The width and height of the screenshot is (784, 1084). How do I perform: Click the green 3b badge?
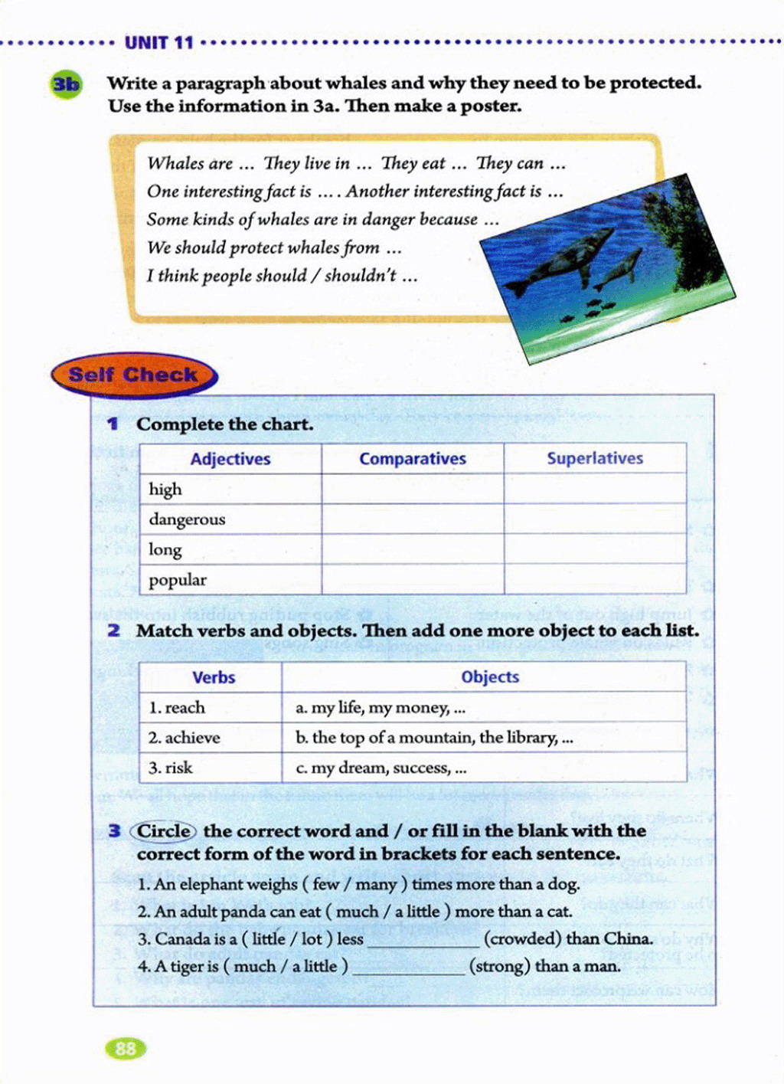point(66,84)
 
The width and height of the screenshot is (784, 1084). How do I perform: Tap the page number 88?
point(126,1048)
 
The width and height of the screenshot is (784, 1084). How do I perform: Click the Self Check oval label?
point(134,375)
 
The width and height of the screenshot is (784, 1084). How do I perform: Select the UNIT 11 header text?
point(159,43)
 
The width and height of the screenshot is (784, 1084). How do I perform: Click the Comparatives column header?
point(413,459)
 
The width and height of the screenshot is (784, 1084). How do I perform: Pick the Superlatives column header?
point(595,458)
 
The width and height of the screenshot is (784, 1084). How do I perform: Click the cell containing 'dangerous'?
point(188,519)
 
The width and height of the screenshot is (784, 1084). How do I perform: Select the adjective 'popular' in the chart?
point(178,580)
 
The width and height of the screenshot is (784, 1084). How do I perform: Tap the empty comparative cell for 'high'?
point(413,489)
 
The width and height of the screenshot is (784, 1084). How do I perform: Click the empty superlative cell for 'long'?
point(595,549)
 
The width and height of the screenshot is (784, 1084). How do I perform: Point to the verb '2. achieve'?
point(185,738)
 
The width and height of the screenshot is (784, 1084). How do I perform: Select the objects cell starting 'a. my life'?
point(381,708)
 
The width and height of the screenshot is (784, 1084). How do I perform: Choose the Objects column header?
point(490,677)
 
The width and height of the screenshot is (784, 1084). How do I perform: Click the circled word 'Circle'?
point(164,831)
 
